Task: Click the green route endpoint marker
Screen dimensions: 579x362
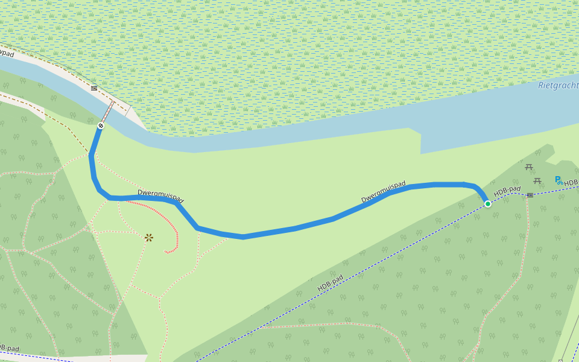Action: (488, 204)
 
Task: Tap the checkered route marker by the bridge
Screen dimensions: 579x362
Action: (100, 125)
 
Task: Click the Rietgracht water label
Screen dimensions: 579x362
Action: (558, 86)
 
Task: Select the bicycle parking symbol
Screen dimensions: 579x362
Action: (558, 180)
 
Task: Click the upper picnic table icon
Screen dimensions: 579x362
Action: (529, 167)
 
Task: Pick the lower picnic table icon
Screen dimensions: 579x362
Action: (537, 180)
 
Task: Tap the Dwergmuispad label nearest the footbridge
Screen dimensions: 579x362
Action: (160, 195)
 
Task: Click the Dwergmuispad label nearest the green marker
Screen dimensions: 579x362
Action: (384, 191)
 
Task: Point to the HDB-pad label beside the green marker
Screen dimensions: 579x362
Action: (507, 191)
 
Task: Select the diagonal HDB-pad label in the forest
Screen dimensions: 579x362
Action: (330, 283)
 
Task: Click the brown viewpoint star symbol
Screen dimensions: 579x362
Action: (149, 238)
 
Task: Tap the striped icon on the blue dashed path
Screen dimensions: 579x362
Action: (530, 195)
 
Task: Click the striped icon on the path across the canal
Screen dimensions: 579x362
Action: (93, 88)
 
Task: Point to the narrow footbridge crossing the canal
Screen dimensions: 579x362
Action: (107, 113)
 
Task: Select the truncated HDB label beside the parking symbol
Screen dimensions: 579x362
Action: (571, 182)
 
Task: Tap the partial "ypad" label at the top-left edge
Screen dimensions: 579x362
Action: (7, 54)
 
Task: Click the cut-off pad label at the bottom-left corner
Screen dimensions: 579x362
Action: (9, 348)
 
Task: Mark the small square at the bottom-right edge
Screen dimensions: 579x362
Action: (560, 361)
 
